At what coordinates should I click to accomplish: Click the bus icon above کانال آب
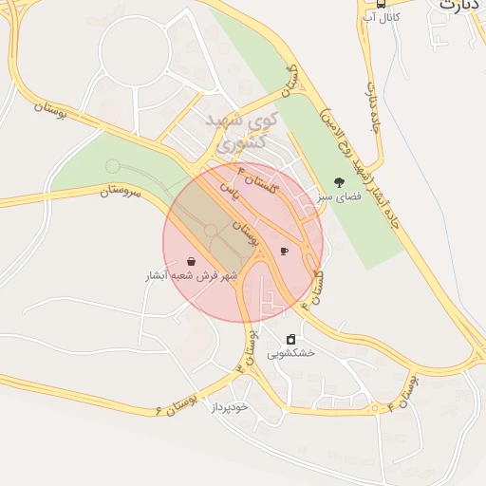(x=381, y=4)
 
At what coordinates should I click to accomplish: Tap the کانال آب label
(x=382, y=18)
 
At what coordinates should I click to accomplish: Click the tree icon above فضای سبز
(x=339, y=182)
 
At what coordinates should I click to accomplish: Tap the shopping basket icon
(x=193, y=261)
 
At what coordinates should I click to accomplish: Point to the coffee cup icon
(x=284, y=251)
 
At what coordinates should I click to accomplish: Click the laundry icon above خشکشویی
(x=290, y=339)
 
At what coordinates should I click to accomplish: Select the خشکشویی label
(x=290, y=353)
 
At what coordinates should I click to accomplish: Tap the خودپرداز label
(x=229, y=406)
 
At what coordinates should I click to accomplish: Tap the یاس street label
(x=228, y=189)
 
